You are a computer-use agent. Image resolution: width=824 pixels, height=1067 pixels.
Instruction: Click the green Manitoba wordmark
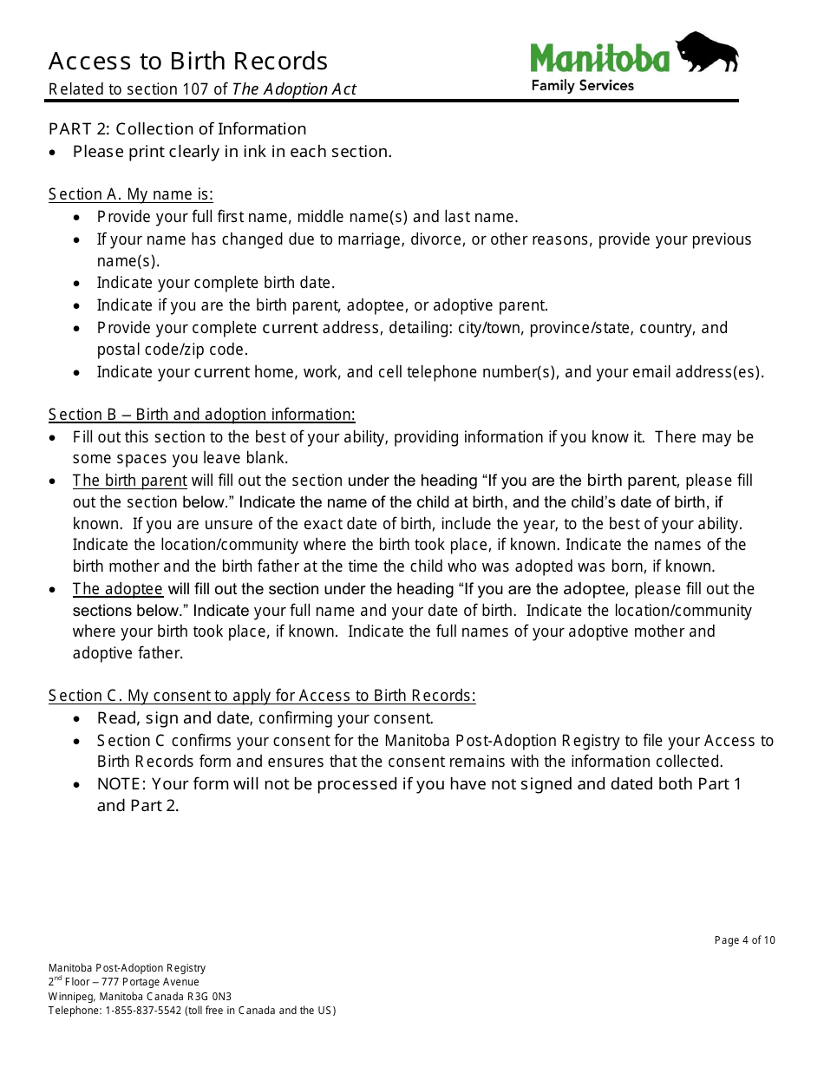tap(600, 59)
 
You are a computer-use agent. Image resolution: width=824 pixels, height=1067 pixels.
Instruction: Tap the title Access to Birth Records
tap(188, 62)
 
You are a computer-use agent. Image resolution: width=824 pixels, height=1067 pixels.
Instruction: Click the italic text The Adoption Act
tap(294, 89)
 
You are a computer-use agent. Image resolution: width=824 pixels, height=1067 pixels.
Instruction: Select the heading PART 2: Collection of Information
tap(177, 129)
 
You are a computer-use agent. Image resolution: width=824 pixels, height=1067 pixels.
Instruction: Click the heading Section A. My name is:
tap(131, 194)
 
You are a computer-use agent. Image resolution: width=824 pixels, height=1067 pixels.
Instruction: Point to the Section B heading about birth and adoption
tap(201, 415)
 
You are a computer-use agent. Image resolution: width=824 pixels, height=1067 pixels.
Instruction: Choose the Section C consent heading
tap(262, 696)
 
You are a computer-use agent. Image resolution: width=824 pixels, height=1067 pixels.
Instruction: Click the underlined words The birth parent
tap(129, 481)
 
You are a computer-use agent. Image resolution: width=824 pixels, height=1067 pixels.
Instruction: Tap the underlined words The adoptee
tap(117, 589)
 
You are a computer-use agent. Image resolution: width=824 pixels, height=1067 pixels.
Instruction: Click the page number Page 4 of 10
tap(744, 940)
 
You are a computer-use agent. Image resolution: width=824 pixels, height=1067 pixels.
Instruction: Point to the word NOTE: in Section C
tap(122, 784)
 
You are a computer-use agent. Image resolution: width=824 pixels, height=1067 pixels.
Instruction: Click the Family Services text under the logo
tap(582, 85)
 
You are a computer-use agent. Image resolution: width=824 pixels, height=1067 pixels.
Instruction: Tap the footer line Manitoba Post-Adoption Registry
tap(127, 968)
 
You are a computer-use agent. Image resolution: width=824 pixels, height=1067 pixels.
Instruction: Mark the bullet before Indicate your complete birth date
tap(79, 284)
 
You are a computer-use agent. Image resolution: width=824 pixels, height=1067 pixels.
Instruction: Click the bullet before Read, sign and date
tap(79, 719)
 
